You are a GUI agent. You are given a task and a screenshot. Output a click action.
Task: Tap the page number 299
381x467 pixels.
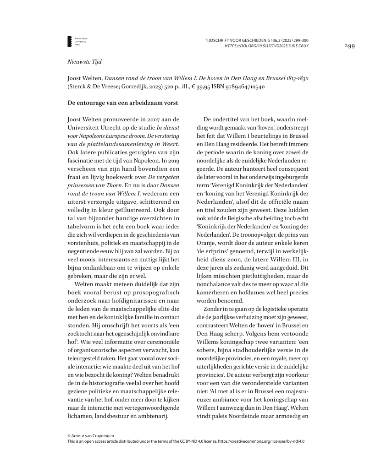350,46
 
